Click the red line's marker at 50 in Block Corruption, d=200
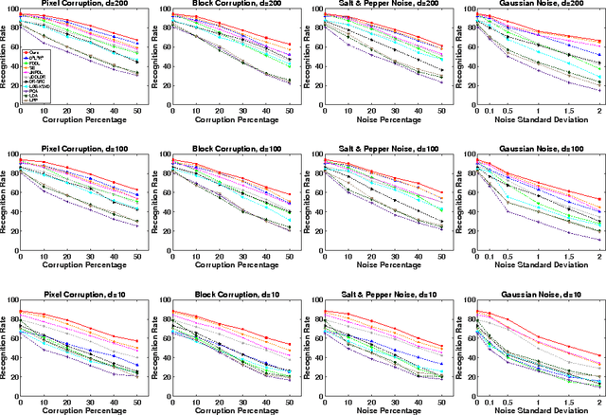[289, 44]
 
